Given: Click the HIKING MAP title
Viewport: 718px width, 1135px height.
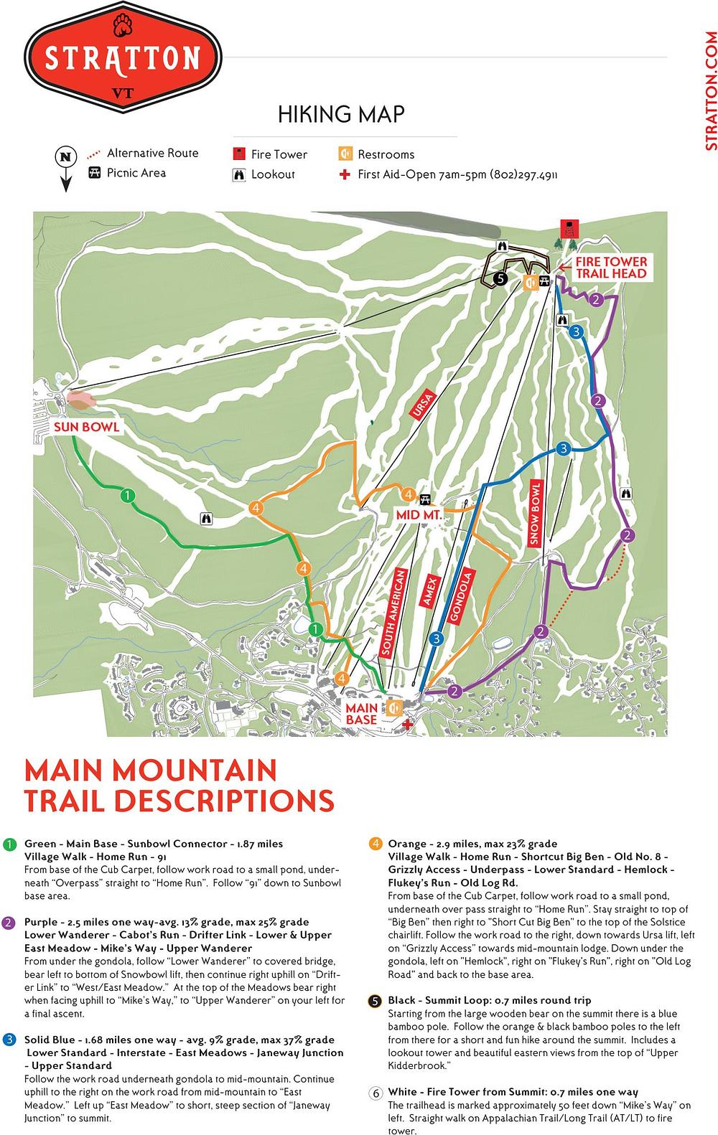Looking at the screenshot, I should click(x=341, y=114).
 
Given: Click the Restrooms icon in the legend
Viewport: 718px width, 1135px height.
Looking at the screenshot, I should click(x=345, y=154).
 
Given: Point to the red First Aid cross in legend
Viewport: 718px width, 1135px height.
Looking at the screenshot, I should click(x=345, y=174).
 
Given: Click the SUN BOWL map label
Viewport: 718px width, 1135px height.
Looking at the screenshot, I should click(x=85, y=427).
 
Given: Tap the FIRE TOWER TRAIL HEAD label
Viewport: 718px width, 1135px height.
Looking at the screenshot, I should click(x=610, y=268).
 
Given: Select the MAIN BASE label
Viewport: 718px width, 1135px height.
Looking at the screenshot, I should click(x=362, y=714).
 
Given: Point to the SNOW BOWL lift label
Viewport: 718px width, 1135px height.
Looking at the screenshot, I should click(x=534, y=515).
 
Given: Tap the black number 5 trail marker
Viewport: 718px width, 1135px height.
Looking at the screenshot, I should click(x=500, y=279).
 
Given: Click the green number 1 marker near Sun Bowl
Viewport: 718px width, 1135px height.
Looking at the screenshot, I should click(x=127, y=495).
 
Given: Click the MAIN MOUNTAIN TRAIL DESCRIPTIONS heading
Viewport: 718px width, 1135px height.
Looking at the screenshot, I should click(x=179, y=785).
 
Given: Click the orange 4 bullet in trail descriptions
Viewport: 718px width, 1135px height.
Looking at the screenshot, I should click(x=375, y=844).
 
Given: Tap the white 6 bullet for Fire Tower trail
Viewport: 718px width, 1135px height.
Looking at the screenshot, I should click(x=375, y=1093).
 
